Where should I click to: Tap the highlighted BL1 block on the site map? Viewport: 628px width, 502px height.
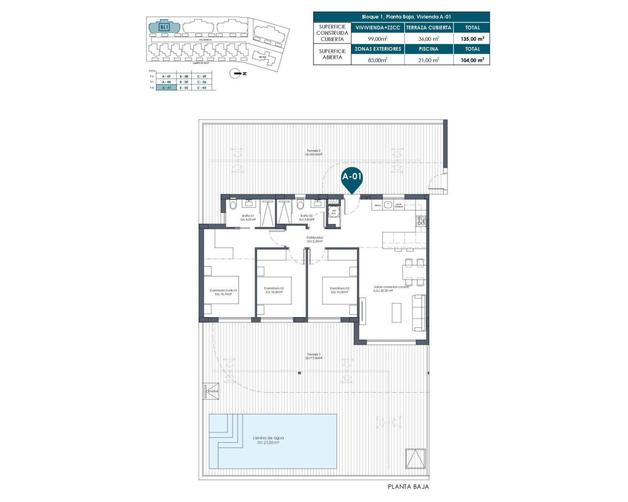[164, 27]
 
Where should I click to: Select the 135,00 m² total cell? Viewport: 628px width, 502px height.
[472, 38]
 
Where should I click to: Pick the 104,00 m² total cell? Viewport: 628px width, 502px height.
[472, 60]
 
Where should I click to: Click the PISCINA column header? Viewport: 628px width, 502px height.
[428, 49]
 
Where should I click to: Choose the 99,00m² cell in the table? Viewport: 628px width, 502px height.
[378, 38]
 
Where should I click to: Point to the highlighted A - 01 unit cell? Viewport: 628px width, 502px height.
[166, 88]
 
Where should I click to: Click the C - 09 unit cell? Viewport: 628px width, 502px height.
[202, 76]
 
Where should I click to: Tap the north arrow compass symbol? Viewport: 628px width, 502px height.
[237, 74]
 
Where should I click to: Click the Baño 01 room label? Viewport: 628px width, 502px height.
[248, 216]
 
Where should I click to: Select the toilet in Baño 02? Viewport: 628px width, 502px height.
[300, 204]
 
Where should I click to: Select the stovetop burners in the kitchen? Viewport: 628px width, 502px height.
[421, 221]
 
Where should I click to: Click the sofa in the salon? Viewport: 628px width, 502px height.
[419, 312]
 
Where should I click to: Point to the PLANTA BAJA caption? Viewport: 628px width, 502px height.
[408, 487]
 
